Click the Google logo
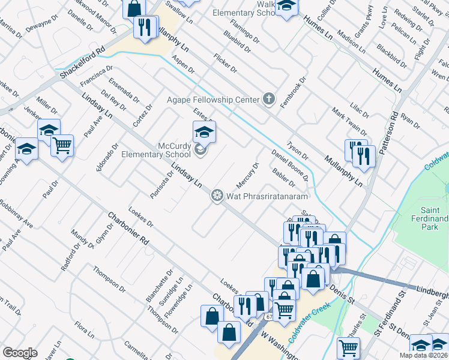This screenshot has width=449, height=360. coord(20,353)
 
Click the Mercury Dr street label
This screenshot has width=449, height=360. coord(248,174)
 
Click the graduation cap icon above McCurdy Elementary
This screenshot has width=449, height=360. coord(204,131)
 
